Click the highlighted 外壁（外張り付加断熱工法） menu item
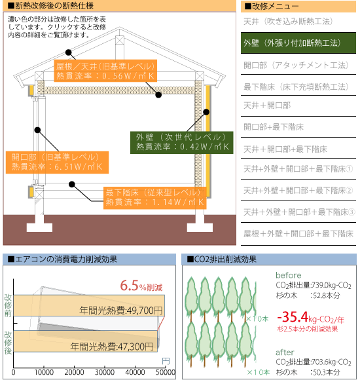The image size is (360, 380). pyautogui.click(x=298, y=43)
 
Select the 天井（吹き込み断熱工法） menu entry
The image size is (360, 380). pyautogui.click(x=288, y=22)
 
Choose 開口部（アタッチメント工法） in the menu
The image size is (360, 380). pyautogui.click(x=296, y=65)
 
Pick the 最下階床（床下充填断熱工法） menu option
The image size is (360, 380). pyautogui.click(x=296, y=86)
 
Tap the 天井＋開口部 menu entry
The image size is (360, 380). pyautogui.click(x=267, y=105)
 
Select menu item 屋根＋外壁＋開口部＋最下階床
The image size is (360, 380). pyautogui.click(x=298, y=234)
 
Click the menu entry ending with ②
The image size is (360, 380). pyautogui.click(x=298, y=191)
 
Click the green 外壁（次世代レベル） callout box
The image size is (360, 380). pyautogui.click(x=182, y=143)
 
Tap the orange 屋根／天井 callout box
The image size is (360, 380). pyautogui.click(x=105, y=71)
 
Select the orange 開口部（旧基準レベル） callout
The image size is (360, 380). pyautogui.click(x=57, y=162)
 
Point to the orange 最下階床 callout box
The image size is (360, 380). pyautogui.click(x=155, y=198)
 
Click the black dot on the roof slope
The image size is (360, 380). pyautogui.click(x=69, y=52)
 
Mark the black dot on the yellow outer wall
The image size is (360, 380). pyautogui.click(x=206, y=112)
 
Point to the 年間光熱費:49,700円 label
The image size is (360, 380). pyautogui.click(x=121, y=310)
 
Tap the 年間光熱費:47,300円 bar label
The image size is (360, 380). pyautogui.click(x=112, y=347)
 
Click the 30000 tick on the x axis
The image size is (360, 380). pyautogui.click(x=105, y=372)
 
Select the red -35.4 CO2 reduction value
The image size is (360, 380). pyautogui.click(x=293, y=316)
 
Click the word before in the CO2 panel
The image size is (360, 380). pyautogui.click(x=289, y=275)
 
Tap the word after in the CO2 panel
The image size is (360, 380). pyautogui.click(x=285, y=352)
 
